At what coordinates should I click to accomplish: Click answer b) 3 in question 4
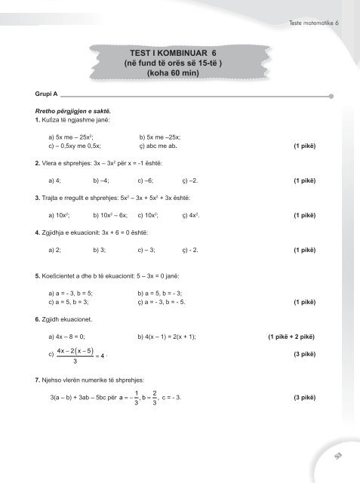pyautogui.click(x=100, y=248)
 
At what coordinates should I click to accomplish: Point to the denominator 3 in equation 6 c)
pyautogui.click(x=75, y=361)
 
